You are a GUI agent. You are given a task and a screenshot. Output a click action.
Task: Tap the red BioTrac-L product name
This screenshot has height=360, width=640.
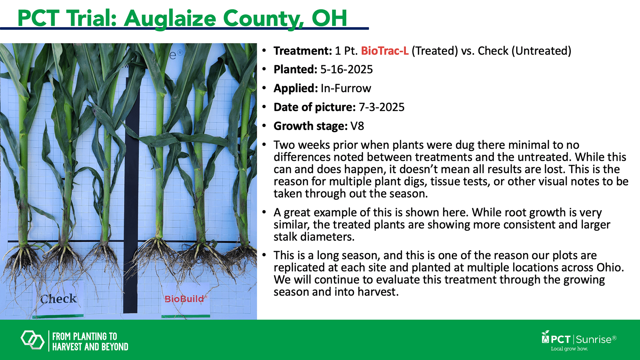click(385, 51)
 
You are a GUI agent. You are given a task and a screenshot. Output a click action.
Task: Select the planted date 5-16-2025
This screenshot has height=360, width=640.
click(346, 69)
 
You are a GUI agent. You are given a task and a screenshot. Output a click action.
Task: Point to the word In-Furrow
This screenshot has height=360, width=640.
click(346, 88)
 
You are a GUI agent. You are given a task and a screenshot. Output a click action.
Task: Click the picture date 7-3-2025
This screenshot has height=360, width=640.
click(381, 107)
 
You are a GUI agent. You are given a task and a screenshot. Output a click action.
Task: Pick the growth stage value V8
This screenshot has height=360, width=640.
click(357, 126)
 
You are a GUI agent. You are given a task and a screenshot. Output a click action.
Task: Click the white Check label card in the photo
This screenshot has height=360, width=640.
click(58, 299)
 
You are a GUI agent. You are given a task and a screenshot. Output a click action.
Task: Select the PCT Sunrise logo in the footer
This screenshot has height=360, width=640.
click(579, 339)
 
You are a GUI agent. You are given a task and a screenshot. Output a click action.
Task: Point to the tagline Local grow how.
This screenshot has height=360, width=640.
click(569, 349)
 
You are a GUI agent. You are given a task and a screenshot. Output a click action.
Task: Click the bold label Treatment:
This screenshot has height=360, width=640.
click(303, 51)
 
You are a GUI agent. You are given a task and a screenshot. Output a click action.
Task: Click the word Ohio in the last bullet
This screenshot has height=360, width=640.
click(610, 267)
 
